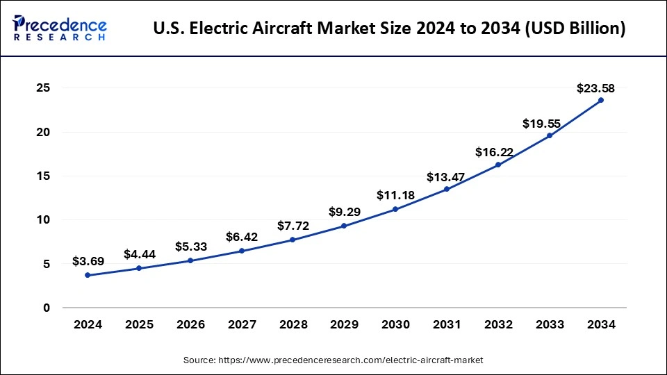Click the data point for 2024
tap(87, 275)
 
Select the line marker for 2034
tap(601, 100)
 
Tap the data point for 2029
tap(344, 226)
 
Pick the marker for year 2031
tap(447, 189)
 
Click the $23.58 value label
tap(595, 88)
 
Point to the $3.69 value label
tap(88, 262)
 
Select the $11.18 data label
tap(395, 195)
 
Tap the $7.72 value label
tap(293, 226)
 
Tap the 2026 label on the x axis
tap(190, 325)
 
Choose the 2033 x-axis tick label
tap(550, 325)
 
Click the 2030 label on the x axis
tap(395, 325)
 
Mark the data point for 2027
tap(241, 251)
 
